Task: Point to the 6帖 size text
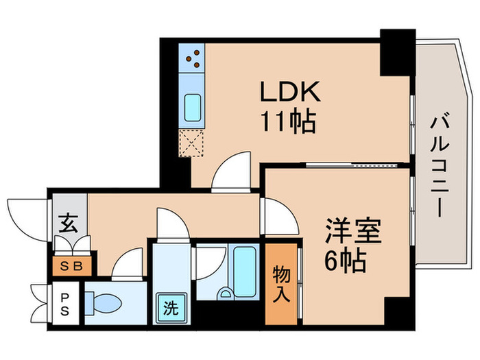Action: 345,260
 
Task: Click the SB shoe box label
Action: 70,266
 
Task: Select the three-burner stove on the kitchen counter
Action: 193,58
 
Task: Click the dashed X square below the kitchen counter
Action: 191,143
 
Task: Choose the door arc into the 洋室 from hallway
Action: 278,215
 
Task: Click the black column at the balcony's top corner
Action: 398,52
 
